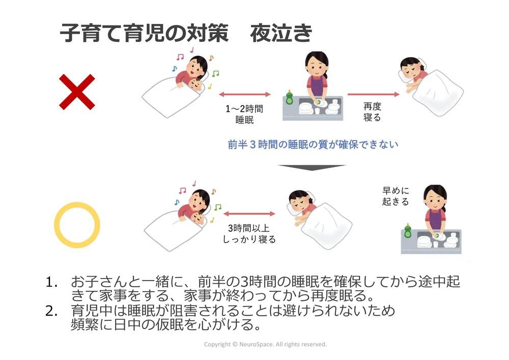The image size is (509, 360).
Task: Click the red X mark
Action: tap(77, 92)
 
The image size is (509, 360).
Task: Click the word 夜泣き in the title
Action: tap(281, 33)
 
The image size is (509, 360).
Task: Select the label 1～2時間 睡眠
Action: tap(244, 114)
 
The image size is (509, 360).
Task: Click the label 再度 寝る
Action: tap(372, 112)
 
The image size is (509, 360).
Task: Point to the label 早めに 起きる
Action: tap(395, 196)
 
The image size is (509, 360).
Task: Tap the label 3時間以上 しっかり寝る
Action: tap(249, 234)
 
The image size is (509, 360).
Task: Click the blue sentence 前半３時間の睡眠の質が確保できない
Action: tap(313, 144)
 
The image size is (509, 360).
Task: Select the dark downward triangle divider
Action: tap(312, 167)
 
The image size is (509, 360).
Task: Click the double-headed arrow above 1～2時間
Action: tap(245, 95)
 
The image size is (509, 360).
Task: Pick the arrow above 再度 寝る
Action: tap(373, 95)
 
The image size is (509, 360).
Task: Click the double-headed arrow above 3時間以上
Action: tap(249, 214)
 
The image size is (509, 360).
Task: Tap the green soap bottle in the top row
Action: tap(289, 97)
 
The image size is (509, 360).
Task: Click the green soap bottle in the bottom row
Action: tap(408, 230)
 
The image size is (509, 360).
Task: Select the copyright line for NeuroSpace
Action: tap(265, 344)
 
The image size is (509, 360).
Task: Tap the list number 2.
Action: tap(51, 311)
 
